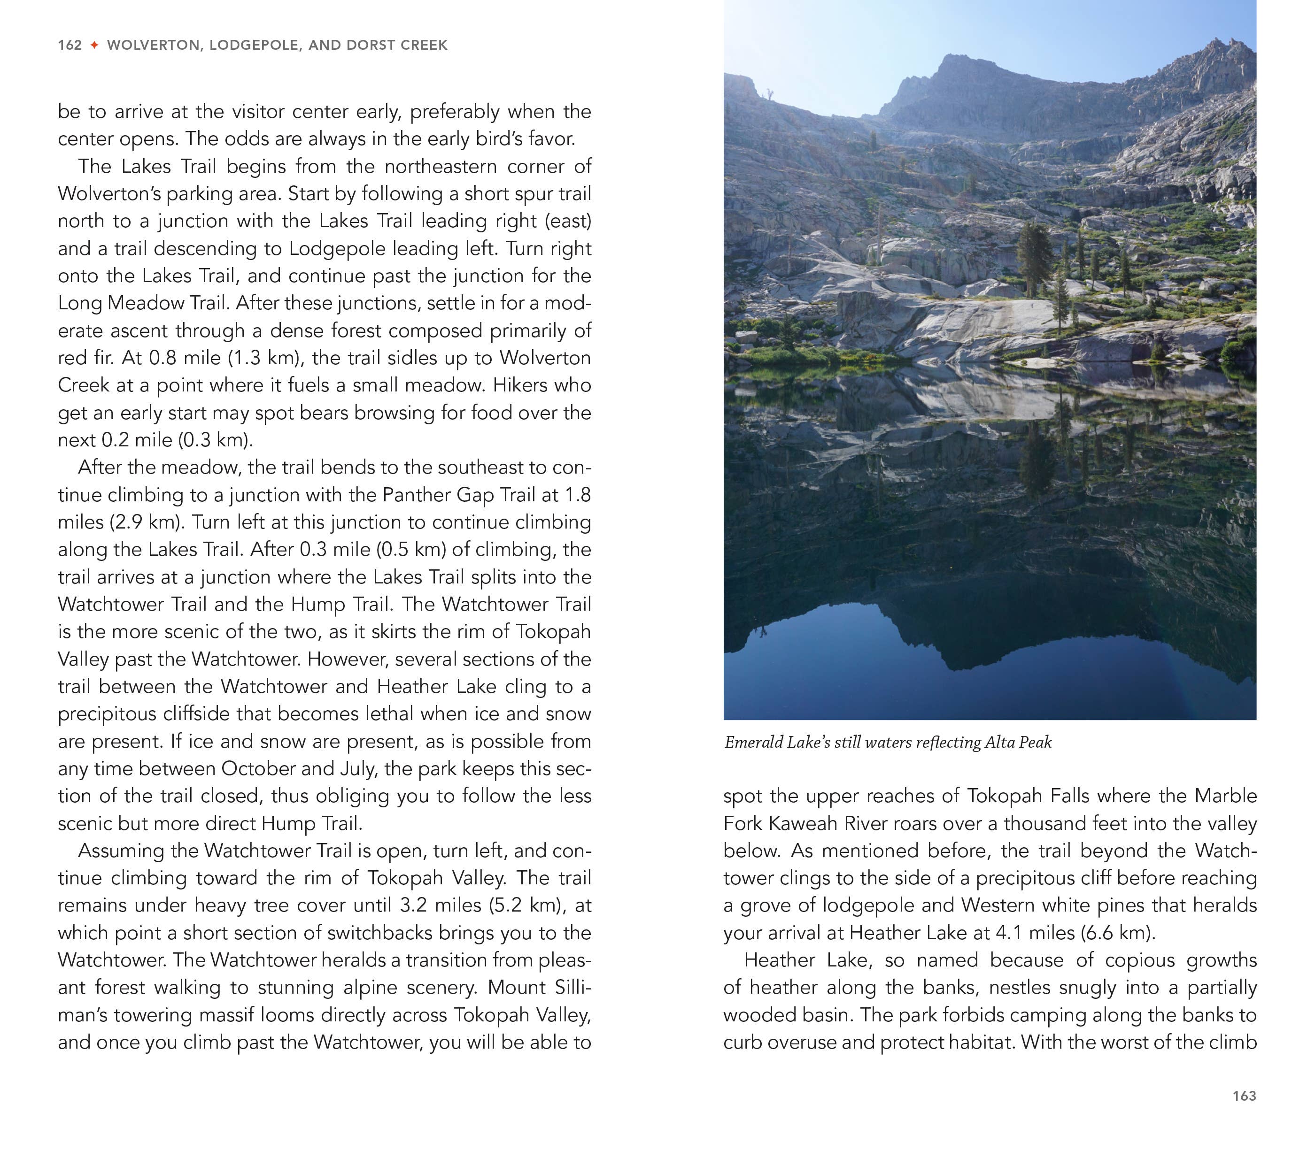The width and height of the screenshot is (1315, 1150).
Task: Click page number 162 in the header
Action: (x=70, y=45)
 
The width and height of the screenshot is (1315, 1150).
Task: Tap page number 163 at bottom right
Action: (x=1244, y=1096)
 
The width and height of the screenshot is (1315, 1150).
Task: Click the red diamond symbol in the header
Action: (x=94, y=45)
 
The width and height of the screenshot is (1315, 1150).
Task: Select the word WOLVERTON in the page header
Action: (x=153, y=45)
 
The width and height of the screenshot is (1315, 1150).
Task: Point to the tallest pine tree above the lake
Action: (x=1035, y=257)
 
